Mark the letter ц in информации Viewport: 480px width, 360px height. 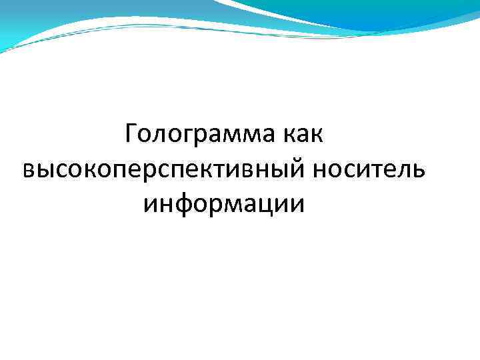tap(270, 205)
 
